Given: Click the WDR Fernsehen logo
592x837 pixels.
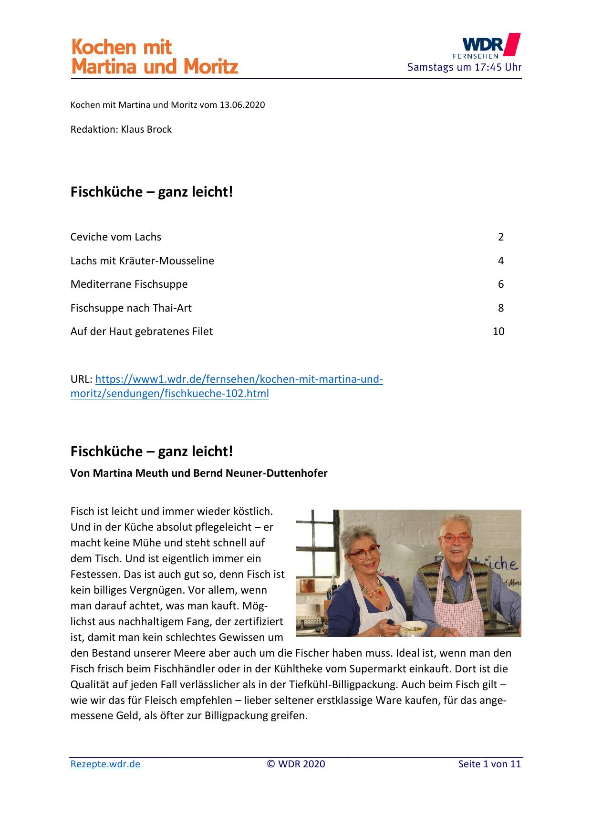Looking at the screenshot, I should tap(487, 47).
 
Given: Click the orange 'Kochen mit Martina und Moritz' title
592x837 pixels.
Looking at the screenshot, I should tap(154, 57).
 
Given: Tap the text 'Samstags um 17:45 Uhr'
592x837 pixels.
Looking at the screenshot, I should tap(464, 67).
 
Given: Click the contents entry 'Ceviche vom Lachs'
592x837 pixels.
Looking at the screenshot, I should tap(116, 237).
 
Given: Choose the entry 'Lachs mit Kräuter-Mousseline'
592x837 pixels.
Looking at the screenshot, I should tap(142, 261).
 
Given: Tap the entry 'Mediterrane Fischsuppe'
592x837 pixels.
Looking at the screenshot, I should tap(129, 284).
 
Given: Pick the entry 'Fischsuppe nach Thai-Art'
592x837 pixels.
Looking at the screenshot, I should tap(131, 308).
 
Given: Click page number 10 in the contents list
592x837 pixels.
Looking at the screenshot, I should tap(498, 332).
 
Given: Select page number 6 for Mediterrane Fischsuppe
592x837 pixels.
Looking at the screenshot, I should tap(501, 284).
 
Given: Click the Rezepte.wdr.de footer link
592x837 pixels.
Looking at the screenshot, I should tap(105, 764).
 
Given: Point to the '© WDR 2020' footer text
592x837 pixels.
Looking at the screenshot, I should tap(296, 764).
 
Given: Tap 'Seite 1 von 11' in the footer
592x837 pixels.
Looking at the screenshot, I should tap(489, 764).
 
